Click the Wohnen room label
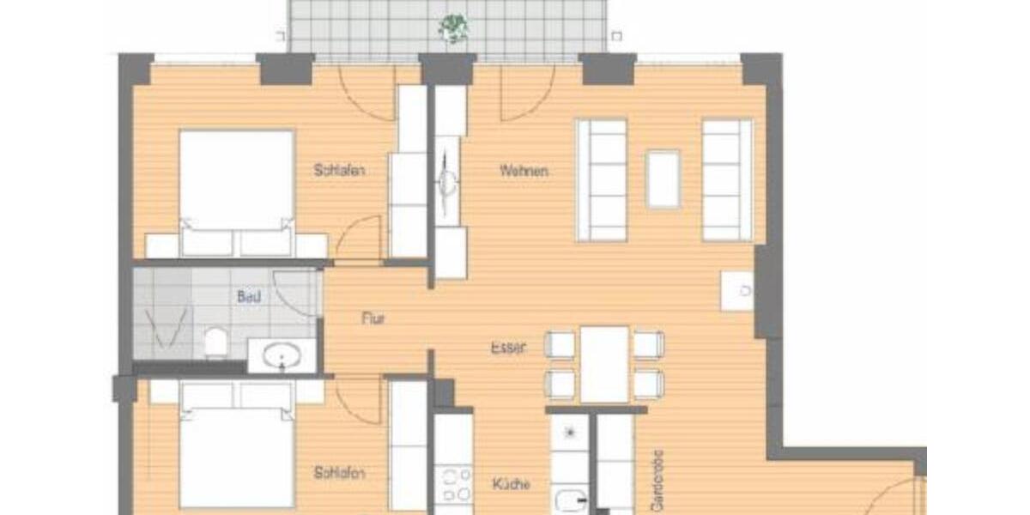[x=524, y=171]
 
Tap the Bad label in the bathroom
[x=248, y=297]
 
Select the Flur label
[x=373, y=318]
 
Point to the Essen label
[x=508, y=348]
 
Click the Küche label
[x=512, y=483]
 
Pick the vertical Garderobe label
[x=658, y=481]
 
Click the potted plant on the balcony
[x=452, y=27]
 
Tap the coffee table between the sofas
[x=663, y=179]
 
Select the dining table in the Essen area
[x=605, y=364]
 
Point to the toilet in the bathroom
[x=215, y=343]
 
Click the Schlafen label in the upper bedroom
[x=340, y=171]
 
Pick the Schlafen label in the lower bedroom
[x=340, y=473]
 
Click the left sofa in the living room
[x=601, y=179]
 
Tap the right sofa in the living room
[x=727, y=179]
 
